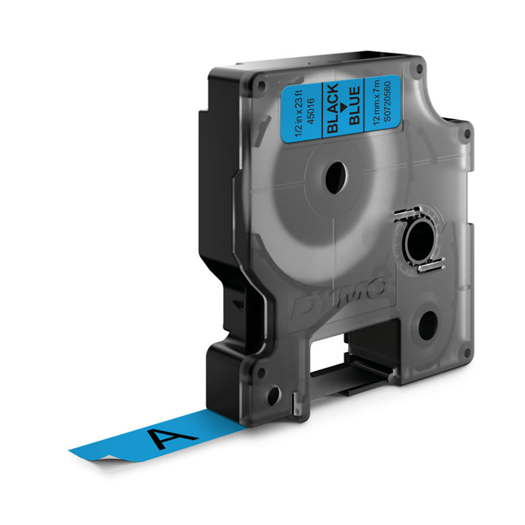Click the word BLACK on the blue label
333,108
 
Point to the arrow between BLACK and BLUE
344,106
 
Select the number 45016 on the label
313,107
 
